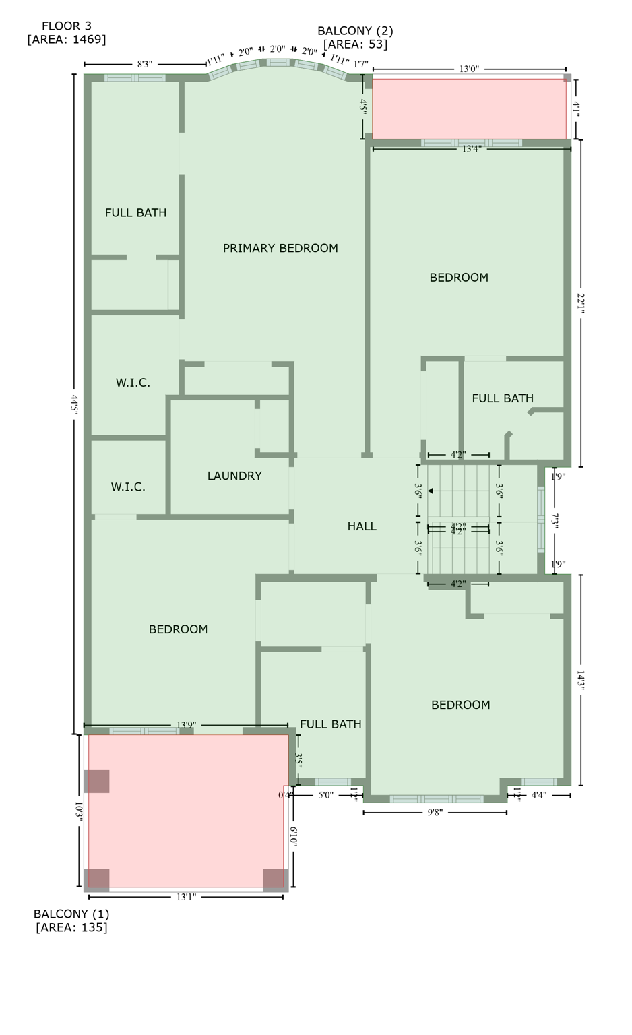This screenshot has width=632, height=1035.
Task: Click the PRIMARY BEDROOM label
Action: coord(280,248)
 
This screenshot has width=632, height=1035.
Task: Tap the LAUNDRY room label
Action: coord(234,476)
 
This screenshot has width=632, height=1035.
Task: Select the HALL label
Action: coord(362,526)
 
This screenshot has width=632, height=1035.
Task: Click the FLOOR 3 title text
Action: coord(66,26)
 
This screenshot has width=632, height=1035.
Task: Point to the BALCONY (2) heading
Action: coord(355,30)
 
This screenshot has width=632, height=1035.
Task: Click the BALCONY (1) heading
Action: coord(71,914)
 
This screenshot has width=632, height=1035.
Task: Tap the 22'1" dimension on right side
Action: coord(581,303)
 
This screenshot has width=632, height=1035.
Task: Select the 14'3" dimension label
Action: coord(581,680)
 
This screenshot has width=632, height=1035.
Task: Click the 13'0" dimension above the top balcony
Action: coord(469,69)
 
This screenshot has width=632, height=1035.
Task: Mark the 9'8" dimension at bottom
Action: coord(435,813)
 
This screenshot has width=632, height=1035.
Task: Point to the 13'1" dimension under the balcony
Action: coord(186,897)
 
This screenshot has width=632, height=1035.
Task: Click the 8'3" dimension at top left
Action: coord(145,65)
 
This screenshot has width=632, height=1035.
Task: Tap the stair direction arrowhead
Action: coord(431,491)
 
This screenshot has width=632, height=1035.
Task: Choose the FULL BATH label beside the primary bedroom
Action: coord(135,212)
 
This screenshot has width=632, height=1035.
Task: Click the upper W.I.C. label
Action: coord(133,383)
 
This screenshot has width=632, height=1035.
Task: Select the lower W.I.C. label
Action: coord(128,487)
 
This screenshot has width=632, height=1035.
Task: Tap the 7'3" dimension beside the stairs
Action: coord(555,521)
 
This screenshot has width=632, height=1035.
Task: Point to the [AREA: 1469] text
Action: coord(66,40)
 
